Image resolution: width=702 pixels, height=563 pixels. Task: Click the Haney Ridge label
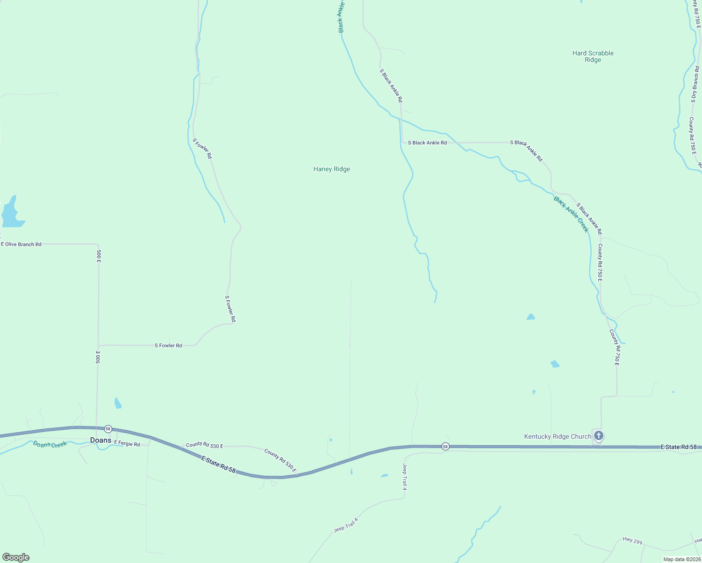[331, 169]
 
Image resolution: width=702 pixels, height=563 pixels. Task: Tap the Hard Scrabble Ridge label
[593, 56]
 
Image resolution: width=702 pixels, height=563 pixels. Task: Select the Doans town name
[101, 440]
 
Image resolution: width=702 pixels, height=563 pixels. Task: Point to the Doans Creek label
[50, 444]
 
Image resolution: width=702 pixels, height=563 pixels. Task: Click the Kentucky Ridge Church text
[557, 436]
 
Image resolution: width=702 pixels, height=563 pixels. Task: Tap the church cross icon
[598, 436]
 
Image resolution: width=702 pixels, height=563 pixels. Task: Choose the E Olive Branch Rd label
[21, 244]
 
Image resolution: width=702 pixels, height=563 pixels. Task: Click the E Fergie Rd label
[127, 444]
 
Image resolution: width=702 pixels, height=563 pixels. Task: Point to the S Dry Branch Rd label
[695, 84]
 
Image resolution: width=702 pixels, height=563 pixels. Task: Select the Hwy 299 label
[632, 541]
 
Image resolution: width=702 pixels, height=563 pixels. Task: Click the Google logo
[16, 557]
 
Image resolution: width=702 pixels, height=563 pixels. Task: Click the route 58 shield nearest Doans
[108, 429]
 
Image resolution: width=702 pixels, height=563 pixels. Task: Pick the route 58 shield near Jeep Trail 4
[445, 446]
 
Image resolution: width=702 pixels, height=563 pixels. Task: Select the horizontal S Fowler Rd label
[168, 345]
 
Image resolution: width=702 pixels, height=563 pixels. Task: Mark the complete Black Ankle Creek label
[571, 214]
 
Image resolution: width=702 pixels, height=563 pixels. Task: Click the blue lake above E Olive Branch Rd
[12, 213]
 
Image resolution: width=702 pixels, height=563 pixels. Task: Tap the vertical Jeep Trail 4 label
[404, 477]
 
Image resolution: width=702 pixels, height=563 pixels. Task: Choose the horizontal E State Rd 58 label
[678, 447]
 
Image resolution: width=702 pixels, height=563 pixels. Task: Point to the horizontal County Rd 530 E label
[204, 445]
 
